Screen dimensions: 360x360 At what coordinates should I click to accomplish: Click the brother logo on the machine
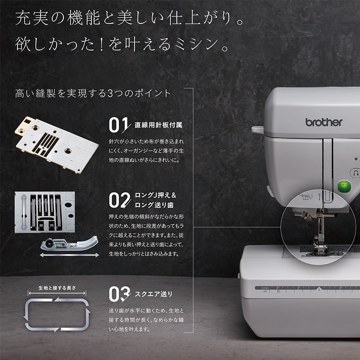[324, 122]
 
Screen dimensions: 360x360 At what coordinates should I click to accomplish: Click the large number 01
[118, 125]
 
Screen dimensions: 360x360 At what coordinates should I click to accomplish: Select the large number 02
[119, 200]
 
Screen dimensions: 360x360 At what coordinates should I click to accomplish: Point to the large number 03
[119, 294]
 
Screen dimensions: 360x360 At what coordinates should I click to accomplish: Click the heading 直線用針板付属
[158, 125]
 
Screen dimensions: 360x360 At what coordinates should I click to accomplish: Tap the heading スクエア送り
[153, 294]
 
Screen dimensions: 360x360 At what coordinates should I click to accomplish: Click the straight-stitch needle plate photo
[57, 144]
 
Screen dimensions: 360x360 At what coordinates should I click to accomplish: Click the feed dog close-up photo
[45, 212]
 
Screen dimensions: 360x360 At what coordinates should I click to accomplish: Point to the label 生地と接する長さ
[57, 288]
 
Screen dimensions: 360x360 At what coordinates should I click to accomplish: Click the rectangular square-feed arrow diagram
[57, 314]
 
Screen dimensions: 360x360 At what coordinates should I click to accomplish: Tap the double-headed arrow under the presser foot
[69, 255]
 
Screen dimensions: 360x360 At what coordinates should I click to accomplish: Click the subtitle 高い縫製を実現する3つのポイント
[93, 94]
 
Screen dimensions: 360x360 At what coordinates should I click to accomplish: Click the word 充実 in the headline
[32, 18]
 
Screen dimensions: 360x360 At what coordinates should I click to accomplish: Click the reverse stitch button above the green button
[355, 173]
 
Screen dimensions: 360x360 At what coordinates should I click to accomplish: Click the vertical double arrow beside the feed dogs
[24, 212]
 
